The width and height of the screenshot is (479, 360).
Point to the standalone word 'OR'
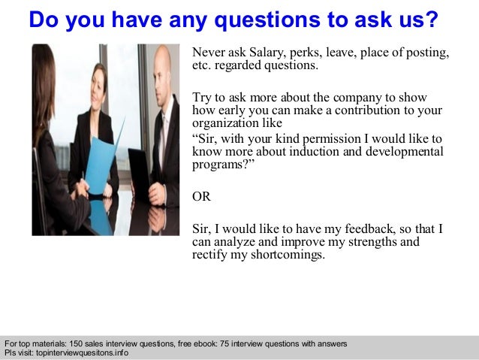(202, 197)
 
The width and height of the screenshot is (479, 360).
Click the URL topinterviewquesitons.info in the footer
(80, 352)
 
